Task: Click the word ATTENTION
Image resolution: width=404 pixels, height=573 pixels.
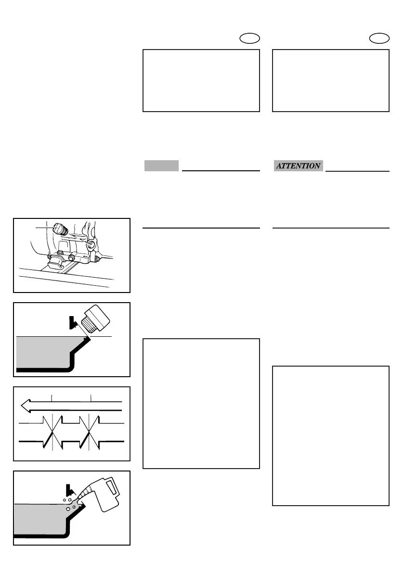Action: point(298,166)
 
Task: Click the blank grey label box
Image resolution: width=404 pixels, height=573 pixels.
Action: point(161,166)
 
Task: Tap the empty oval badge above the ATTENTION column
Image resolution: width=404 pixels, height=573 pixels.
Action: point(381,38)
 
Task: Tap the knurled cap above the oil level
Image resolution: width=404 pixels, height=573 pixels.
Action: point(96,318)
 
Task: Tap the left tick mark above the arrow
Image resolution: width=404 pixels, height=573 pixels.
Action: point(52,397)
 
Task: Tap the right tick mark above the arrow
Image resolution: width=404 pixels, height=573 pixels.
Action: point(91,397)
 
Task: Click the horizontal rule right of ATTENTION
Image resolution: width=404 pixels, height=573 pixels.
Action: point(357,170)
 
